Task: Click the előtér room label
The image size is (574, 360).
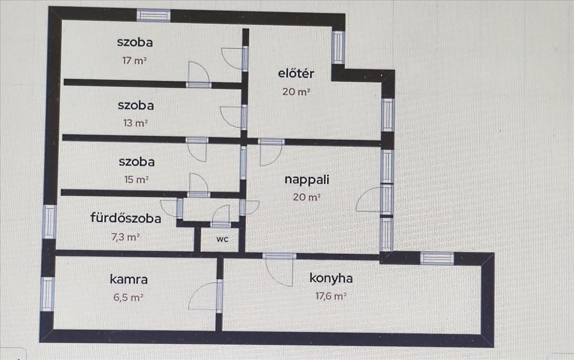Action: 296,74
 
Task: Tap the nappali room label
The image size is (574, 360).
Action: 307,180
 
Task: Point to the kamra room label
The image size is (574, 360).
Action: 129,279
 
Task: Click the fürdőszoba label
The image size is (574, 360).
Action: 126,218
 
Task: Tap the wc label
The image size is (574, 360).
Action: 222,240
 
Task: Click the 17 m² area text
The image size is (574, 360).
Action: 134,61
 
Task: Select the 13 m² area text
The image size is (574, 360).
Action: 135,123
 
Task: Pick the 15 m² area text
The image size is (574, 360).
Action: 136,180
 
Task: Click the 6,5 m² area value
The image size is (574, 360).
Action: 127,297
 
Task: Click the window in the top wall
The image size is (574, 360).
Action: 154,15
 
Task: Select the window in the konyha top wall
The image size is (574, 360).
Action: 437,258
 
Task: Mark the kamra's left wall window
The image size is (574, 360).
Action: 47,294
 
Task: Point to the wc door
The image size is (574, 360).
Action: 221,218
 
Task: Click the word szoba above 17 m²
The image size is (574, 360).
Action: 135,42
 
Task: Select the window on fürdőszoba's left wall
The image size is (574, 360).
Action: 50,221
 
